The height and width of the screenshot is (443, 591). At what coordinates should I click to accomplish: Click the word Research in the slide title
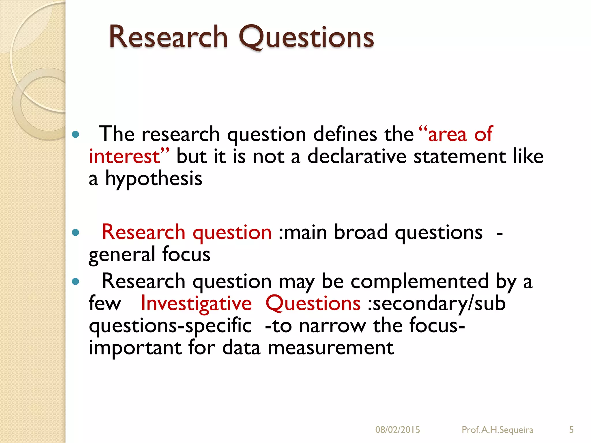coord(168,37)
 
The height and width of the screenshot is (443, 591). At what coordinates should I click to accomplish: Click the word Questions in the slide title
coord(306,37)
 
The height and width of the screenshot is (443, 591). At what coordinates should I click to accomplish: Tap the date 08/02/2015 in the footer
coord(397,430)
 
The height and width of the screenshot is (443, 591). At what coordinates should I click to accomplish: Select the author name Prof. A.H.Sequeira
coord(497,430)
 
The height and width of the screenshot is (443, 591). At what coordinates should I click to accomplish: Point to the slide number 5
coord(571,430)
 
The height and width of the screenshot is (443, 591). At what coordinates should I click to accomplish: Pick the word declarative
coord(357,156)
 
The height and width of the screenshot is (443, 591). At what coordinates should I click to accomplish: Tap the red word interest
coord(124,156)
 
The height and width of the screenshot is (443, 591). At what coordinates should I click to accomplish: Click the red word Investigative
coord(196,304)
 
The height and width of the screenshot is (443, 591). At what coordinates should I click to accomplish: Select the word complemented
coord(419,281)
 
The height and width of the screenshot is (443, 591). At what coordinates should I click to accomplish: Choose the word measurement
coord(331,348)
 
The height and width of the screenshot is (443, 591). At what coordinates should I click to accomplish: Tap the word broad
coord(361,232)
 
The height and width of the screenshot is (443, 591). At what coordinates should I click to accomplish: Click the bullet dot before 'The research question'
coord(76,134)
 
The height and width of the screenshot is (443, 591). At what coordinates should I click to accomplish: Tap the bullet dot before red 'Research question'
coord(76,232)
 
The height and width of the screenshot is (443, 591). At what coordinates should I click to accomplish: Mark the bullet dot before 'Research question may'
coord(76,281)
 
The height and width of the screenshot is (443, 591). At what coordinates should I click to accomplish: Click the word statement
coord(460,156)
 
